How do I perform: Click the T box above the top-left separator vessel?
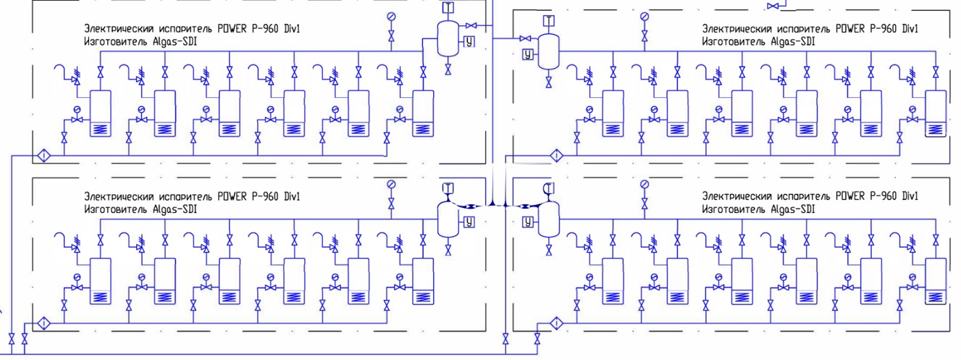point(448,7)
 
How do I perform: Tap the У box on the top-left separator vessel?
point(469,41)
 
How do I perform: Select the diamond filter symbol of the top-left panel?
point(43,155)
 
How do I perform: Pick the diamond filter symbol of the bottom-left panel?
point(43,323)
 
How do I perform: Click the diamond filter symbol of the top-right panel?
point(556,155)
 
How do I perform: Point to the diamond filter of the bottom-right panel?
point(556,322)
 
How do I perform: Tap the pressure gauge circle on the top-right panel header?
point(645,17)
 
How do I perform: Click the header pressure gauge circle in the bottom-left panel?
point(391,184)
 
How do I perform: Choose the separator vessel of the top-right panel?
point(549,51)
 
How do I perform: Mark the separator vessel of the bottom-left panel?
point(448,219)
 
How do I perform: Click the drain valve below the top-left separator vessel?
point(448,70)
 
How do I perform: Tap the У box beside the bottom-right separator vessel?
point(528,222)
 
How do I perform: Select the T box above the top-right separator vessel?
point(549,20)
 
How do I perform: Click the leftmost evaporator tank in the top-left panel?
point(101,114)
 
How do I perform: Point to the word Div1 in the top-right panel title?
point(910,29)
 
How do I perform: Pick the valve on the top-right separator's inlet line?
point(525,38)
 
